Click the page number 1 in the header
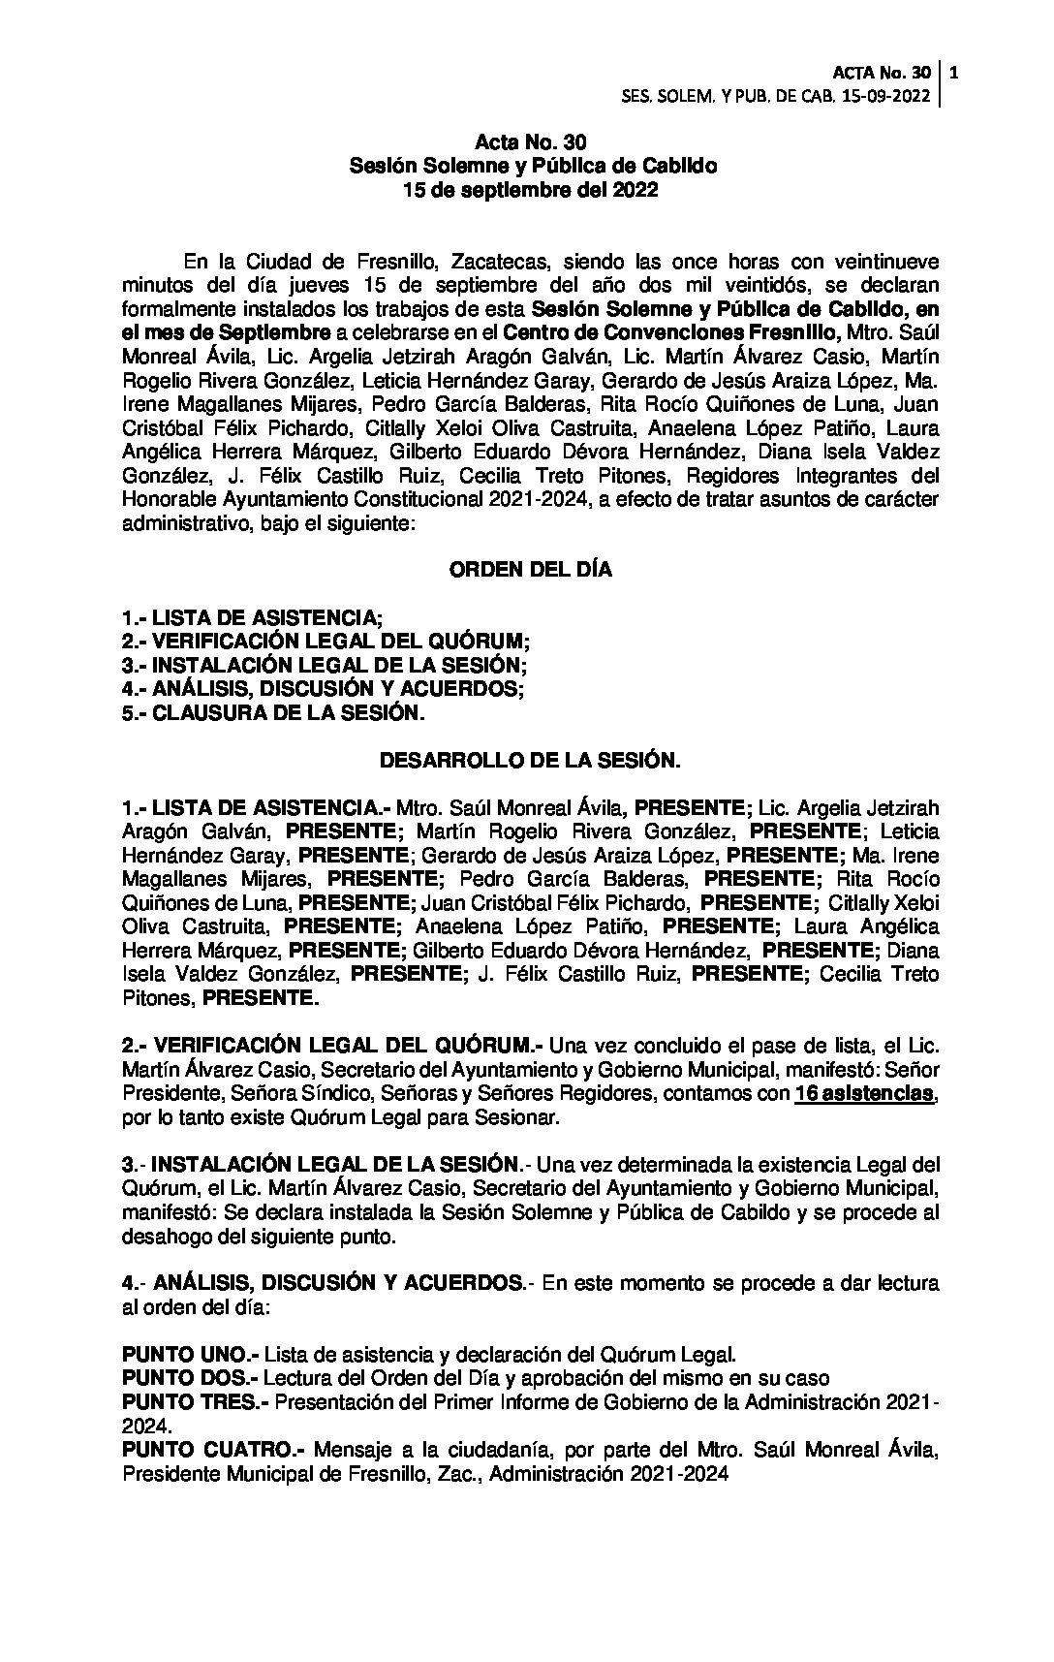[955, 73]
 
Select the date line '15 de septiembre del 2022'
[530, 190]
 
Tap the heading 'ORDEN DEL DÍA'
[530, 570]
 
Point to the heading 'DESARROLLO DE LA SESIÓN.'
[530, 761]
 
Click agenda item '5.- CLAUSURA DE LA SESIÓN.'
[273, 712]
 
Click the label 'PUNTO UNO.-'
[190, 1354]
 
